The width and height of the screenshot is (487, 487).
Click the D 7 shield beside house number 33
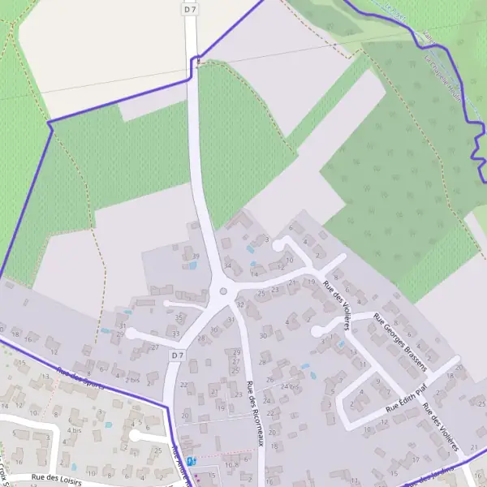pyautogui.click(x=178, y=356)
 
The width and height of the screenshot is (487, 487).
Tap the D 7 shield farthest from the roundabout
pyautogui.click(x=190, y=9)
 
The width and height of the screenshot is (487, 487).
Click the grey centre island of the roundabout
pyautogui.click(x=223, y=292)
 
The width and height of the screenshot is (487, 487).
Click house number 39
pyautogui.click(x=195, y=256)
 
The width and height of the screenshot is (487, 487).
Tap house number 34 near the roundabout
pyautogui.click(x=228, y=265)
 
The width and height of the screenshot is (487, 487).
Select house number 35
pyautogui.click(x=179, y=317)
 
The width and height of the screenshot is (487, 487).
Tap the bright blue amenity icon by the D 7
pyautogui.click(x=192, y=461)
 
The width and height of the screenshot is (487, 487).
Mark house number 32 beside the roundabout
pyautogui.click(x=239, y=304)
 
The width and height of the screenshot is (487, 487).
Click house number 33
pyautogui.click(x=176, y=334)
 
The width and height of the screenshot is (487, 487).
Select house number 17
pyautogui.click(x=415, y=459)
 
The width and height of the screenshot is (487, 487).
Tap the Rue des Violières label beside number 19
pyautogui.click(x=336, y=305)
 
